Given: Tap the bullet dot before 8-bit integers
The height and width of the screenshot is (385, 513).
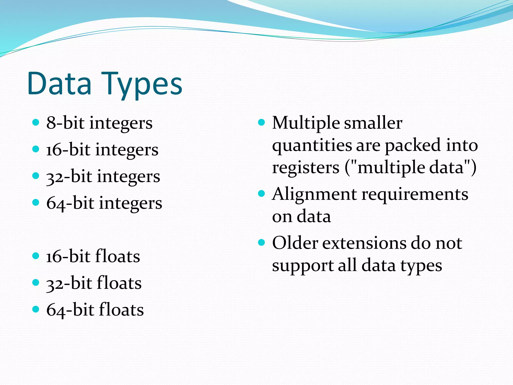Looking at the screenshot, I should click(36, 123).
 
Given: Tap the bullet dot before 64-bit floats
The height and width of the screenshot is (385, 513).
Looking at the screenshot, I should click(36, 309).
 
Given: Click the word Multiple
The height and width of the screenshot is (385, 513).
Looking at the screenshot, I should click(306, 123).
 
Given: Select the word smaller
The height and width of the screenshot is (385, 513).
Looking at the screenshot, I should click(373, 123).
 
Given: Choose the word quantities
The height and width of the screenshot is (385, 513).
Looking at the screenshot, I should click(312, 145).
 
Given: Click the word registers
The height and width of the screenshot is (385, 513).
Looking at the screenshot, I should click(306, 167).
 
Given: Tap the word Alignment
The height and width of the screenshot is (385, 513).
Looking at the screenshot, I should click(315, 195).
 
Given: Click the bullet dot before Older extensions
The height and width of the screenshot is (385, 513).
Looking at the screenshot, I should click(262, 243).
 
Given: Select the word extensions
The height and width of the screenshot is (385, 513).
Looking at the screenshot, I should click(364, 243).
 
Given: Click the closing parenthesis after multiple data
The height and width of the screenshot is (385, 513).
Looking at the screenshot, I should click(473, 167).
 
